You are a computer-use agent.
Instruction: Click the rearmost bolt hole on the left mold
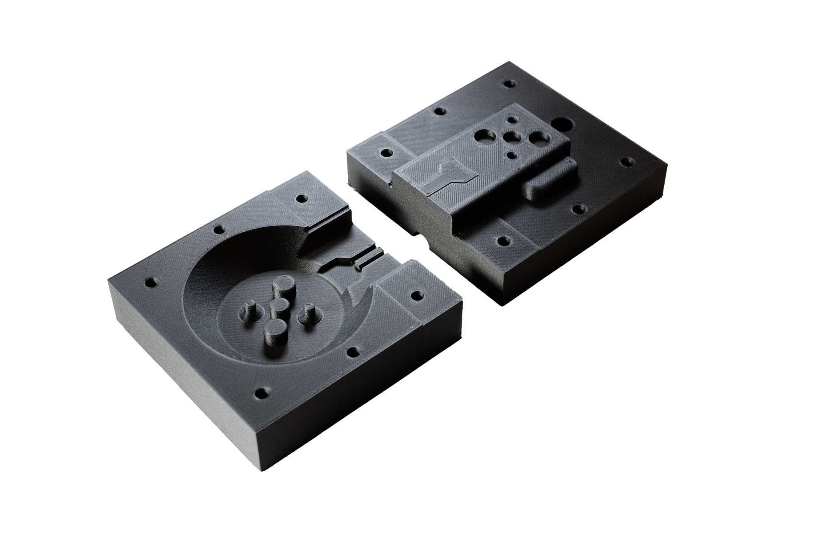pyautogui.click(x=301, y=199)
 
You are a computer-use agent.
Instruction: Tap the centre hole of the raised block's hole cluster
pyautogui.click(x=510, y=138)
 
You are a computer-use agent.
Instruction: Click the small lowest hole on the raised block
pyautogui.click(x=511, y=154)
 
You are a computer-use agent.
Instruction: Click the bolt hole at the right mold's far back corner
pyautogui.click(x=508, y=83)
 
